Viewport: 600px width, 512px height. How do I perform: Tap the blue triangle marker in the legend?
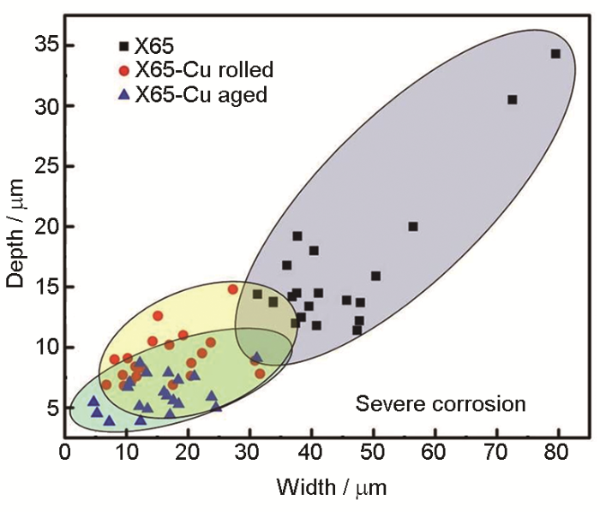click(125, 93)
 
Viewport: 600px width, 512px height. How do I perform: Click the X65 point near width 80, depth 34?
click(555, 54)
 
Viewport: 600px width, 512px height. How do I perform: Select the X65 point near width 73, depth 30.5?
click(513, 99)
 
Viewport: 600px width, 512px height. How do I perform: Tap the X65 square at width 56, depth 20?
click(413, 226)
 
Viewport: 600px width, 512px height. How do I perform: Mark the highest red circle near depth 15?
click(232, 289)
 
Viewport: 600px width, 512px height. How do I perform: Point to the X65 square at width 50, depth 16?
click(375, 276)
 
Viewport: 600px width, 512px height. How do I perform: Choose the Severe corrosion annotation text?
click(441, 402)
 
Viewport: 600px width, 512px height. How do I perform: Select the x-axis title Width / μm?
click(331, 489)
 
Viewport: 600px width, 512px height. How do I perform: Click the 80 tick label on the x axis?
click(558, 452)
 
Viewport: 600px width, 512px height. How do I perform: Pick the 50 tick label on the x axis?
click(373, 452)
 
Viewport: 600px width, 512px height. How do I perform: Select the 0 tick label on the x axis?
click(65, 452)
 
